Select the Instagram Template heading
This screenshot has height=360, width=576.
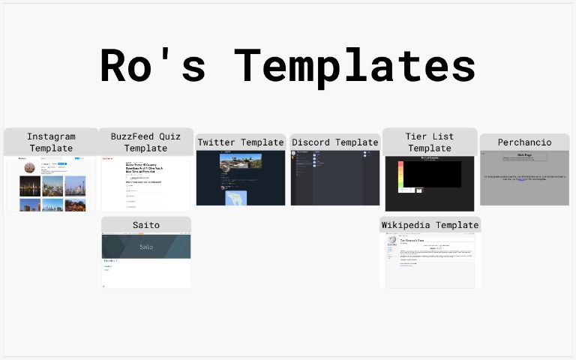[51, 142]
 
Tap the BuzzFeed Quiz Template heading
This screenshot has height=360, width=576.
[145, 142]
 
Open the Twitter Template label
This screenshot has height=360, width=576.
[241, 142]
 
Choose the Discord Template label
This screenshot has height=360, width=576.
[335, 142]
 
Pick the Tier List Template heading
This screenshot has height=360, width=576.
[430, 142]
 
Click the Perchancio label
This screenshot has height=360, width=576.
[524, 142]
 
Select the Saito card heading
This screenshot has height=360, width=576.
[146, 225]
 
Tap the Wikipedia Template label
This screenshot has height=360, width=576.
[430, 225]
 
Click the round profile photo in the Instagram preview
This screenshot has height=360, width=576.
[30, 167]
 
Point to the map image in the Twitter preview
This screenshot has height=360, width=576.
[236, 198]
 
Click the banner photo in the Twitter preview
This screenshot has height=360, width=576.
[240, 162]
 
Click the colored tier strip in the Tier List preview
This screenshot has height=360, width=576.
[400, 175]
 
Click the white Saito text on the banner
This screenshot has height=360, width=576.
[145, 246]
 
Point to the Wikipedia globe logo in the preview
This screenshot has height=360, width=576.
[392, 240]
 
